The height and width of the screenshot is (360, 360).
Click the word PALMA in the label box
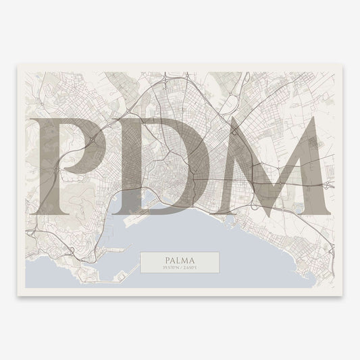180,259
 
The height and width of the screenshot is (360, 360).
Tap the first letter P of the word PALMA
165,259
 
